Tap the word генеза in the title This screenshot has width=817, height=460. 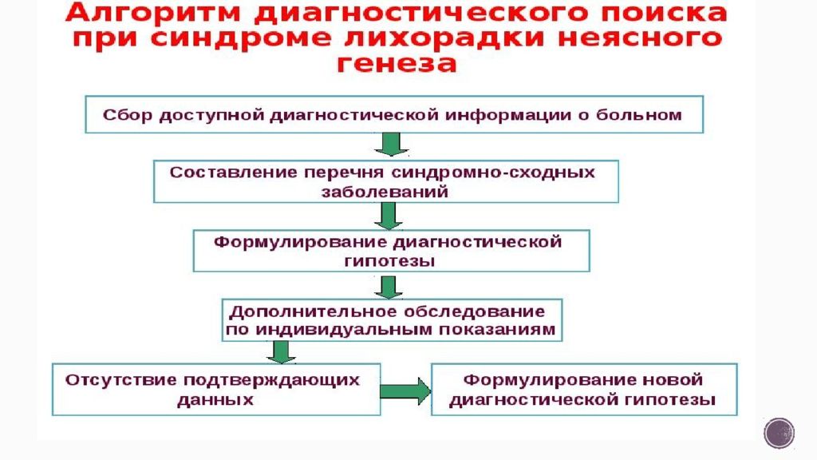click(x=396, y=64)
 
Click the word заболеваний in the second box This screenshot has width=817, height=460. click(x=385, y=192)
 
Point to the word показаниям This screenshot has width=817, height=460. click(x=498, y=329)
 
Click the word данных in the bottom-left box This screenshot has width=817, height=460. click(x=215, y=399)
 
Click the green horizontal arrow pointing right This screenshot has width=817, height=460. click(x=405, y=391)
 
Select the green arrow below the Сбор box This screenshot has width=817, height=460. click(x=392, y=144)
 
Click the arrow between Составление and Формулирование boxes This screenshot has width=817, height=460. click(x=388, y=215)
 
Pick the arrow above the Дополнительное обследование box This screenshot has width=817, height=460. click(x=389, y=286)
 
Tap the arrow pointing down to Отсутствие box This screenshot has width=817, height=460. click(x=278, y=351)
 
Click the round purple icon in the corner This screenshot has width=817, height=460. click(x=779, y=433)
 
